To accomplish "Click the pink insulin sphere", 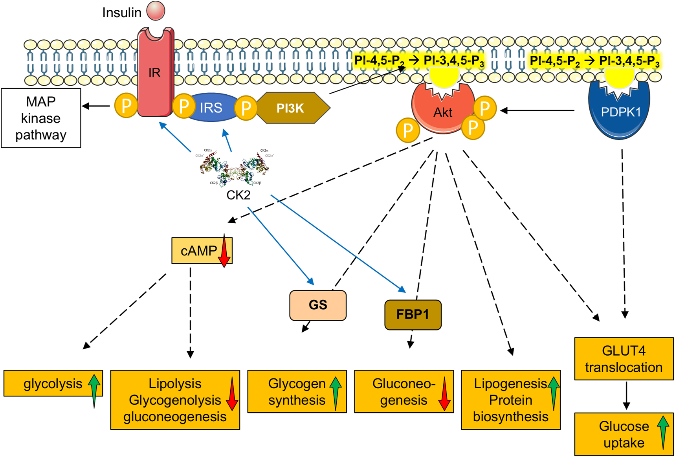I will [x=156, y=11].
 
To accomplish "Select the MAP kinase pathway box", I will [x=41, y=118].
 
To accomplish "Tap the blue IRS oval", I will [x=211, y=108].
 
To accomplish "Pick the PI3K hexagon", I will [x=291, y=108].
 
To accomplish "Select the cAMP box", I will [x=198, y=250].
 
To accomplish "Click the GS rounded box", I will [x=318, y=305].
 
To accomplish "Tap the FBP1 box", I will [x=413, y=314].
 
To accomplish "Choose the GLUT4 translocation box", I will [x=624, y=359].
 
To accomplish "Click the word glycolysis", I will [x=53, y=384].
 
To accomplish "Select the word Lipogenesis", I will [x=510, y=383].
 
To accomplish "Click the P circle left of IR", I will [x=126, y=106].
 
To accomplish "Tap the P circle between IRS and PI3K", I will [x=246, y=108].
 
